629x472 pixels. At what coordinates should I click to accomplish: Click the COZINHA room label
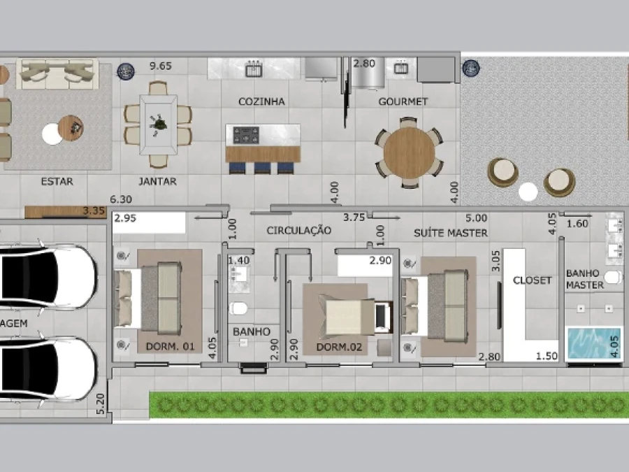click(261, 101)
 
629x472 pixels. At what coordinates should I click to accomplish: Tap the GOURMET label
click(403, 101)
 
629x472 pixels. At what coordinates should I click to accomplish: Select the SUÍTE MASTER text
click(451, 233)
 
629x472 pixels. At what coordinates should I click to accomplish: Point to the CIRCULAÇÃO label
click(299, 230)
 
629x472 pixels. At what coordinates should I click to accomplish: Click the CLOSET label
click(533, 280)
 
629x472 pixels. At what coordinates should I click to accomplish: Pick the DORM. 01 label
click(170, 346)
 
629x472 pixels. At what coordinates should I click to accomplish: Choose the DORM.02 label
click(339, 347)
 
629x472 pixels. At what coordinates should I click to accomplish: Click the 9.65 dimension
click(161, 66)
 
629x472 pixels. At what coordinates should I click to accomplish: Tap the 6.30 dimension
click(121, 199)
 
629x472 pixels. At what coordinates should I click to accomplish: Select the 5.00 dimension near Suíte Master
click(476, 218)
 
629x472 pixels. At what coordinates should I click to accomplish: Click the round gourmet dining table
click(409, 153)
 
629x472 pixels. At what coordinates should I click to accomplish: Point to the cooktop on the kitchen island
click(246, 135)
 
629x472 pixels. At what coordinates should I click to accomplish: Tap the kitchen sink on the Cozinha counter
click(254, 69)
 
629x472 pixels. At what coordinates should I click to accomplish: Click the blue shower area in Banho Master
click(593, 343)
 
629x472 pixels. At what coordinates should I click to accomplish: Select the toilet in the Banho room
click(238, 308)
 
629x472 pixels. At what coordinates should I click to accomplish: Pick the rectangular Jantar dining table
click(158, 124)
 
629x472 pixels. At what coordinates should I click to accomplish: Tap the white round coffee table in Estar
click(52, 134)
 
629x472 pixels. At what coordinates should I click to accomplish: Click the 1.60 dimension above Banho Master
click(577, 224)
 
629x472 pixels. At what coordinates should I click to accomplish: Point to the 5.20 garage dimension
click(100, 403)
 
